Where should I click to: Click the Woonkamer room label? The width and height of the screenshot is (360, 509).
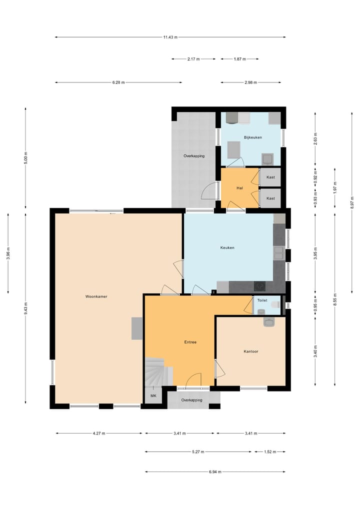[96, 296]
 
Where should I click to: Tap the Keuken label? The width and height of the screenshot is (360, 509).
[227, 247]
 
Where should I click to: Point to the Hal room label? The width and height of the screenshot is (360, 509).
[239, 188]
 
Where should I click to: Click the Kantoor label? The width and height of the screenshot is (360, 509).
[250, 351]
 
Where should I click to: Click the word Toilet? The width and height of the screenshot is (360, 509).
[262, 301]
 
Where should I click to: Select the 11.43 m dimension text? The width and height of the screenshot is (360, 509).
[170, 37]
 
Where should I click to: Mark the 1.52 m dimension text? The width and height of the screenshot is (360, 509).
[269, 452]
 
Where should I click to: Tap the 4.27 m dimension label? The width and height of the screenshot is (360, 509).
[98, 433]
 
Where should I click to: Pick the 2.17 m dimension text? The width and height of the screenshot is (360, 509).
[193, 59]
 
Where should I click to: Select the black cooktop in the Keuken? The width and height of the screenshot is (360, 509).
[260, 286]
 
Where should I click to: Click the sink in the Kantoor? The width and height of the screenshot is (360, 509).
[269, 322]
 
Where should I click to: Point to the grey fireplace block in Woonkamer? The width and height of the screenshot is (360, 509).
[137, 328]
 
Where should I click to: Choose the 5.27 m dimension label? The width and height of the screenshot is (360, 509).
[198, 452]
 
